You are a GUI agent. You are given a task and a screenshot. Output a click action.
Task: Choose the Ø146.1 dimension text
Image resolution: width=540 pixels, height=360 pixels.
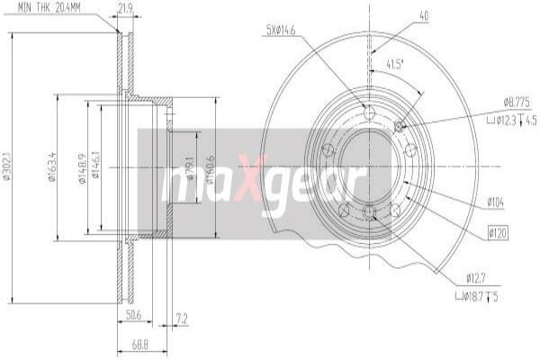[96, 167]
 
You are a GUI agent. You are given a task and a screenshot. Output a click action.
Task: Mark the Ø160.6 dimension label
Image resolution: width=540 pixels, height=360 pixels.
[209, 168]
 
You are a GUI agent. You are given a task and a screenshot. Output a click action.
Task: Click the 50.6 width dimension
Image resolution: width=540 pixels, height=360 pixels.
[134, 316]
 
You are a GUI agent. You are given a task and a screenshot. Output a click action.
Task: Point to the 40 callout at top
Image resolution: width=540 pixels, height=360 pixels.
[423, 14]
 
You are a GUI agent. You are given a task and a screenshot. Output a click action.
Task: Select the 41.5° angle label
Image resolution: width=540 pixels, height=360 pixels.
[394, 64]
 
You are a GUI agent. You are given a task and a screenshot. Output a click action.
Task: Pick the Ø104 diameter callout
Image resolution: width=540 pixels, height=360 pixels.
[496, 202]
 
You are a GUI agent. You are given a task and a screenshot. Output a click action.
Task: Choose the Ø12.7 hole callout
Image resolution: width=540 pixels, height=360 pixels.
[477, 277]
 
